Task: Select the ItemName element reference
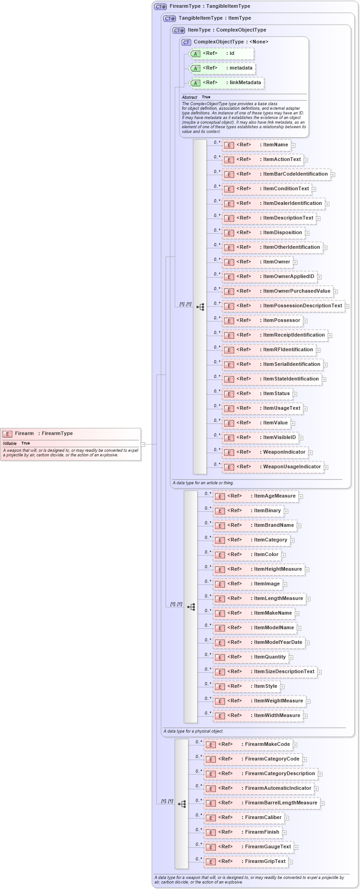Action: click(x=256, y=145)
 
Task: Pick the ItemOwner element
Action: click(x=257, y=262)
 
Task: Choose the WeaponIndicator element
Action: click(x=265, y=452)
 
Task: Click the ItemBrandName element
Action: click(x=254, y=525)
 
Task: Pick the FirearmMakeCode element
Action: click(x=248, y=744)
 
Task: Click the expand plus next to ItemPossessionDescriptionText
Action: click(x=347, y=306)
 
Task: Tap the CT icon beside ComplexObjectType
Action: click(x=186, y=42)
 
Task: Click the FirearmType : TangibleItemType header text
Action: click(x=210, y=6)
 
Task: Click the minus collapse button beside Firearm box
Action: click(x=143, y=444)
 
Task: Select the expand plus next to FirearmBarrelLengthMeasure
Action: click(x=322, y=803)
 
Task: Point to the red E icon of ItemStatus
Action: click(x=229, y=394)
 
